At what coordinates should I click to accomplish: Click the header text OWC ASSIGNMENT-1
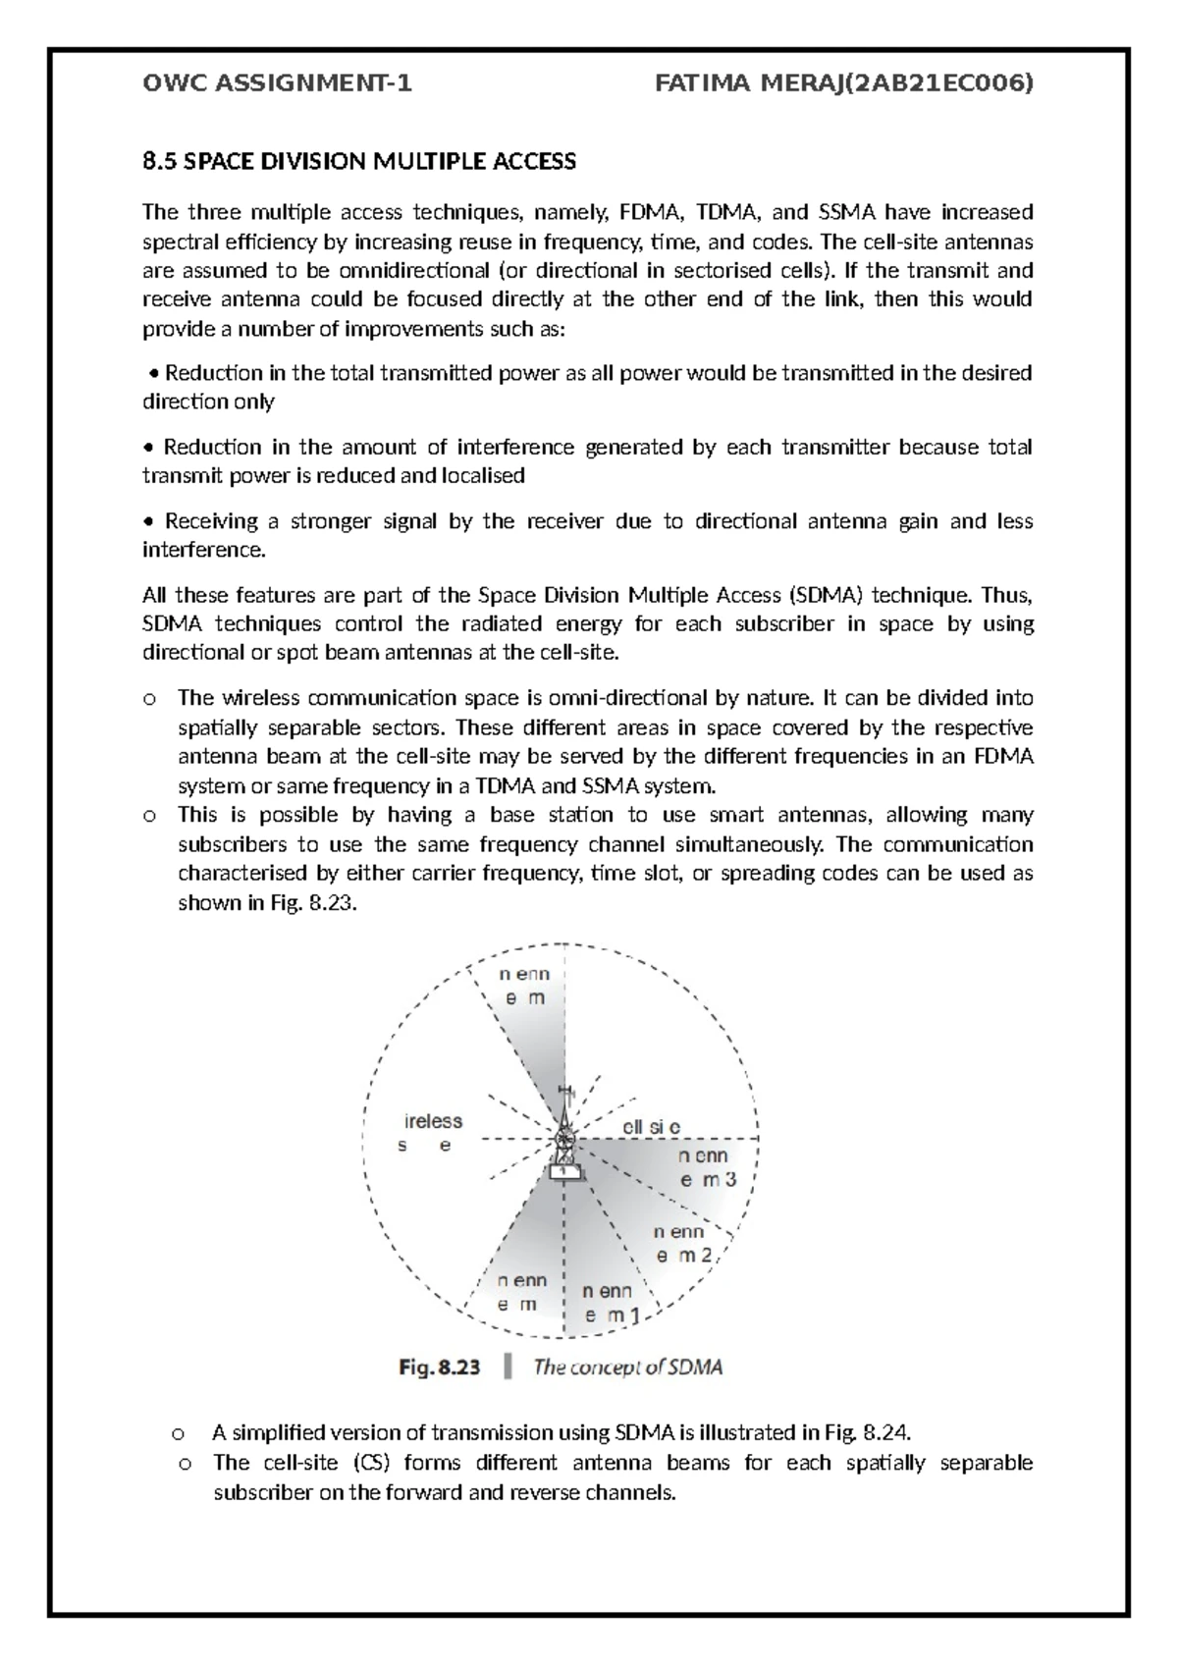pos(277,84)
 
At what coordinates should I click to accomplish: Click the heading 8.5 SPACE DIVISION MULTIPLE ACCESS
pos(359,161)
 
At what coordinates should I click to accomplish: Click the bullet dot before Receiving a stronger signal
pos(149,521)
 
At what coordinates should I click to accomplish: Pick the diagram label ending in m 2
pos(687,1243)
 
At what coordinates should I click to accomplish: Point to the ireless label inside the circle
pos(433,1121)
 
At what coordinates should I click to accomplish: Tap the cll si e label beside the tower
pos(651,1128)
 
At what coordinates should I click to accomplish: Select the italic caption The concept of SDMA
pos(628,1367)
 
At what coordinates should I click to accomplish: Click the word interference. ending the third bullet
pos(204,550)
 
